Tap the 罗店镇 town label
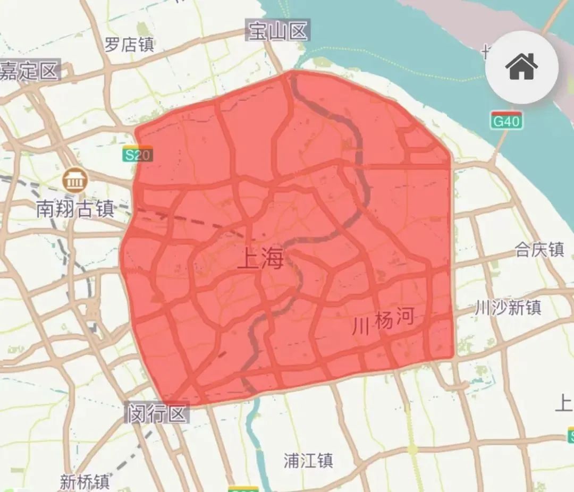click(129, 44)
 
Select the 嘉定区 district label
click(29, 71)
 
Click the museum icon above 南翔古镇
click(74, 180)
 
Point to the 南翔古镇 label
click(75, 209)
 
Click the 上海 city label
click(260, 259)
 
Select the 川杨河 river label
click(383, 321)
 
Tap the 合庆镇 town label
click(539, 249)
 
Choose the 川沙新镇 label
click(508, 307)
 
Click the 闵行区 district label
click(157, 413)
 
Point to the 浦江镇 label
click(308, 460)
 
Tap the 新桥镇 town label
click(85, 482)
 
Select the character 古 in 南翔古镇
click(85, 209)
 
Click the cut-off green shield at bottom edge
click(243, 489)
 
